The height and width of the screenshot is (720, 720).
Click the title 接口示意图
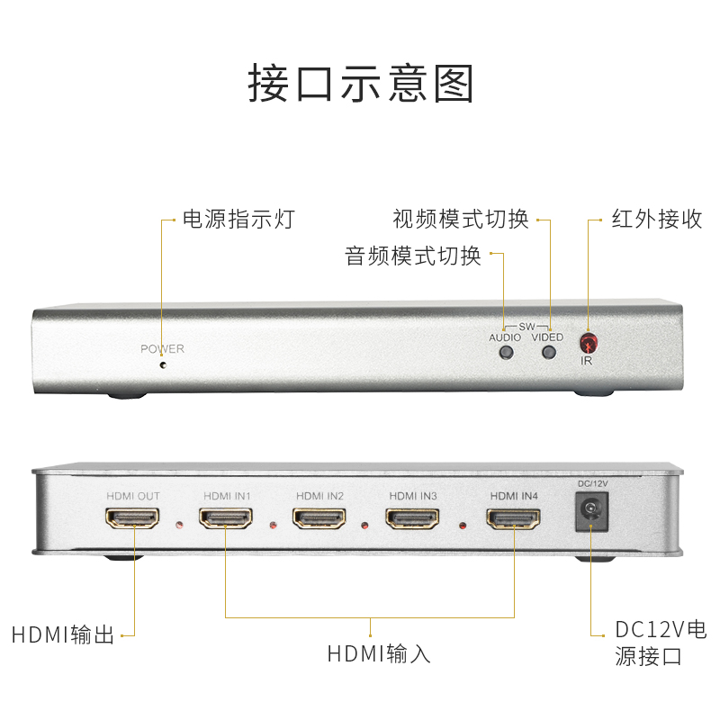(360, 83)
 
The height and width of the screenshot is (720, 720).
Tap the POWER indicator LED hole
(162, 365)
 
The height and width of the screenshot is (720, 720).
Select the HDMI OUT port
(133, 518)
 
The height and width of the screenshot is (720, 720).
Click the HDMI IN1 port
(226, 518)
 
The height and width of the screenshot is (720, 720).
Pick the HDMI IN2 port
(319, 518)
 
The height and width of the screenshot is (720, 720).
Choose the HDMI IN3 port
(412, 518)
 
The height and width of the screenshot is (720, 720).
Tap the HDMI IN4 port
(513, 518)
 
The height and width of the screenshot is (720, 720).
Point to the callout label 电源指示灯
(238, 219)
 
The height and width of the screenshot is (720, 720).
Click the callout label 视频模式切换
(461, 219)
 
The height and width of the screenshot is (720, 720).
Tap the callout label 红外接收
(657, 219)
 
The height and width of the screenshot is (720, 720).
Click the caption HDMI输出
(63, 634)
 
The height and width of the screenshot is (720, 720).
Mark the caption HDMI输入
(379, 652)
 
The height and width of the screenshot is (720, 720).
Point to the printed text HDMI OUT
(133, 496)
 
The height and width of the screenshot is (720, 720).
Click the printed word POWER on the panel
(162, 349)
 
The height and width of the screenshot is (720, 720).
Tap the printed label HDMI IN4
(513, 495)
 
